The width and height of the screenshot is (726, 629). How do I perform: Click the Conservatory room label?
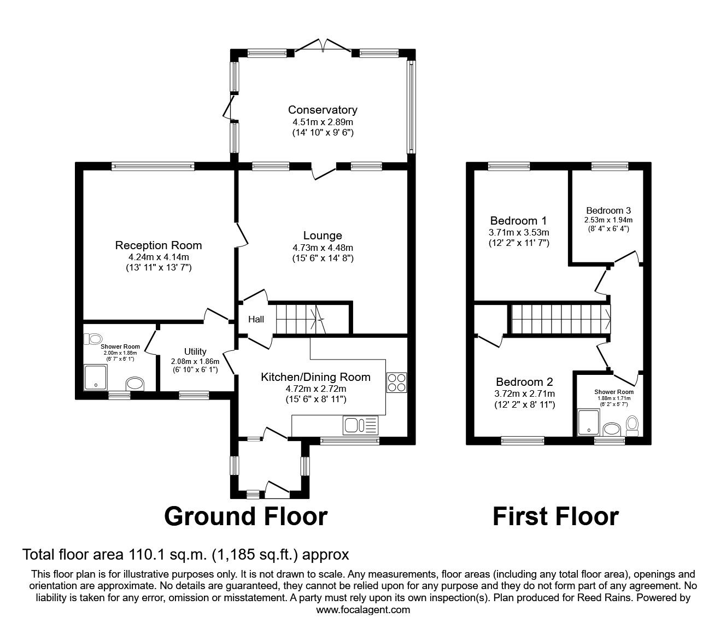click(x=323, y=110)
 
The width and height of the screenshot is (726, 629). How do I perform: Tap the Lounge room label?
click(x=323, y=236)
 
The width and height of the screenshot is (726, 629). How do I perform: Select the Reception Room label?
click(x=159, y=245)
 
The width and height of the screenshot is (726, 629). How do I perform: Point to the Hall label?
click(x=256, y=319)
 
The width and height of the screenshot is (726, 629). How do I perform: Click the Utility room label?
click(x=195, y=351)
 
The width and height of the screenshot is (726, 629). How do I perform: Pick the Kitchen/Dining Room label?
click(x=315, y=377)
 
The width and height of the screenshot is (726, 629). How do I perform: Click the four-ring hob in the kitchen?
click(x=396, y=382)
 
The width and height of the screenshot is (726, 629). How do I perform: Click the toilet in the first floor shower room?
click(x=633, y=425)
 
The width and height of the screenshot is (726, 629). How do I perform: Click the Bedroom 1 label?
click(x=518, y=221)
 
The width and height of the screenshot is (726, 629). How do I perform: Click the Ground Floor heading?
click(x=245, y=516)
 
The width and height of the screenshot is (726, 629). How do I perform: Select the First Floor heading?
click(x=555, y=516)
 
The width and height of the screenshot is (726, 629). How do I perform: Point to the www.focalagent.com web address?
click(x=363, y=609)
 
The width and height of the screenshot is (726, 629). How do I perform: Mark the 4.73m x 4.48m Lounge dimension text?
click(x=323, y=248)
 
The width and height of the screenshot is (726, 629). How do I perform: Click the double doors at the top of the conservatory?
click(x=325, y=47)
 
